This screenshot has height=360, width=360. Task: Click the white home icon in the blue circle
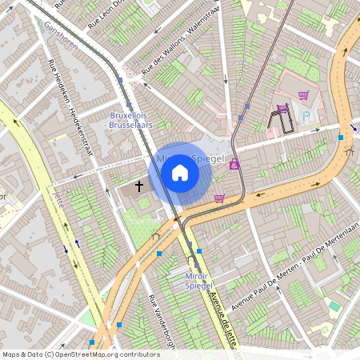click(180, 172)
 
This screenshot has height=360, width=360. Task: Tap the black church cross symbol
click(138, 186)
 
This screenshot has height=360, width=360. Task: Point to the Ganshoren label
click(62, 34)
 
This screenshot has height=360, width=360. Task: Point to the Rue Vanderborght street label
click(160, 324)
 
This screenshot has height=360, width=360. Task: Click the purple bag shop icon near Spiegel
click(234, 164)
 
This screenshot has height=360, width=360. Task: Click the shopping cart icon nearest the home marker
click(219, 198)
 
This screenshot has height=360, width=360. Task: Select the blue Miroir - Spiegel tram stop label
click(193, 281)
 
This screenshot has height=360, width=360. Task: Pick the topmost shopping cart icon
click(302, 95)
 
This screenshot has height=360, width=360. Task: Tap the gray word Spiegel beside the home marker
click(210, 159)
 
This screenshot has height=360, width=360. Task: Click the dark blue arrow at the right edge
click(353, 128)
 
